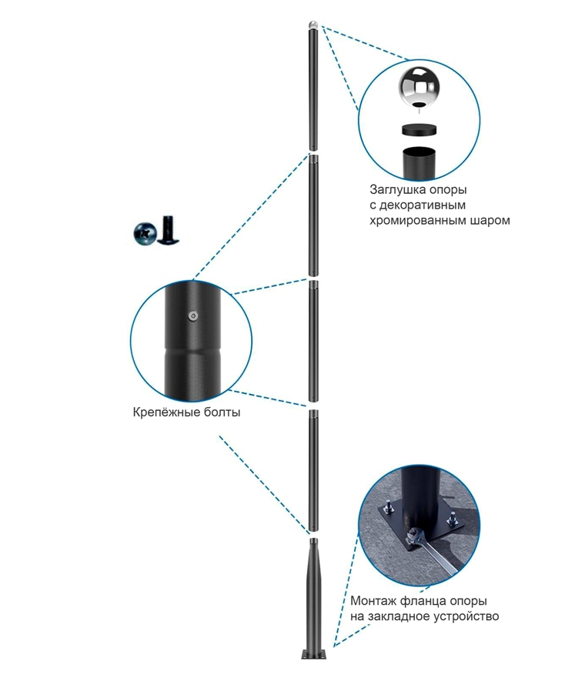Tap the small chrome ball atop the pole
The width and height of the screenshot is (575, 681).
[x=313, y=25]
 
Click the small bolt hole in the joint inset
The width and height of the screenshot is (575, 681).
[x=192, y=315]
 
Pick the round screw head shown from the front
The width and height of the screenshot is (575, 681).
[x=145, y=233]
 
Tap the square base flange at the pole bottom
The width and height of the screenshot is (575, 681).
[x=313, y=655]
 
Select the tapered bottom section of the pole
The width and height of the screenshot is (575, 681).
[x=313, y=593]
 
